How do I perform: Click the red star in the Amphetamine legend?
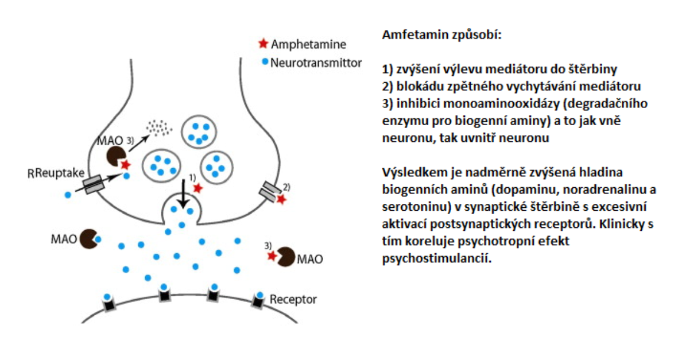pyautogui.click(x=263, y=43)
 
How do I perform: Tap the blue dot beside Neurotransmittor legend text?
pyautogui.click(x=265, y=62)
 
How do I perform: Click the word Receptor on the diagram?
pyautogui.click(x=293, y=299)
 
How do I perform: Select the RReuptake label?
pyautogui.click(x=56, y=173)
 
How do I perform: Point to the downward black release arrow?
pyautogui.click(x=183, y=193)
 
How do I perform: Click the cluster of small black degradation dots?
pyautogui.click(x=159, y=128)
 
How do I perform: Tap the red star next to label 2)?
pyautogui.click(x=281, y=199)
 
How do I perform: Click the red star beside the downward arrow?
pyautogui.click(x=197, y=188)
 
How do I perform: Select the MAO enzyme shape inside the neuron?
pyautogui.click(x=116, y=156)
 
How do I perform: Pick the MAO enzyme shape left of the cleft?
pyautogui.click(x=89, y=239)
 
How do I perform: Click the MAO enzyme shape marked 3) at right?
pyautogui.click(x=285, y=257)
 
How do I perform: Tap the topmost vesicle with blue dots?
pyautogui.click(x=199, y=132)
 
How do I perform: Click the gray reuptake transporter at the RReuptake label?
pyautogui.click(x=94, y=184)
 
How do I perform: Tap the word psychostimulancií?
pyautogui.click(x=437, y=259)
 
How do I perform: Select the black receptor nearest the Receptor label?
pyautogui.click(x=258, y=300)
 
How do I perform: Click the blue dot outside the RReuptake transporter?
pyautogui.click(x=68, y=195)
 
